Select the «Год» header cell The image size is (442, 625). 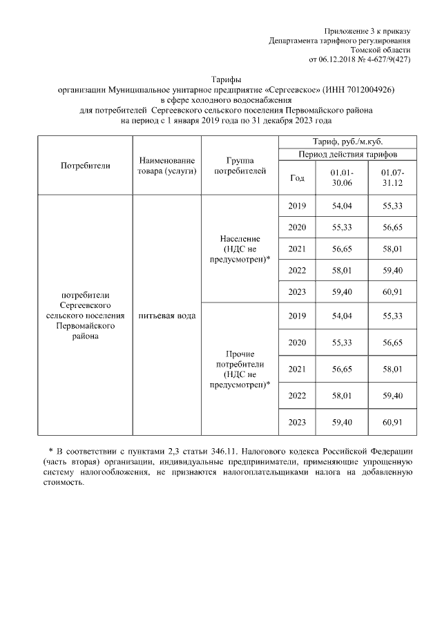[297, 177]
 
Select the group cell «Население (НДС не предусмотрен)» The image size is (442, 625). [240, 249]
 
